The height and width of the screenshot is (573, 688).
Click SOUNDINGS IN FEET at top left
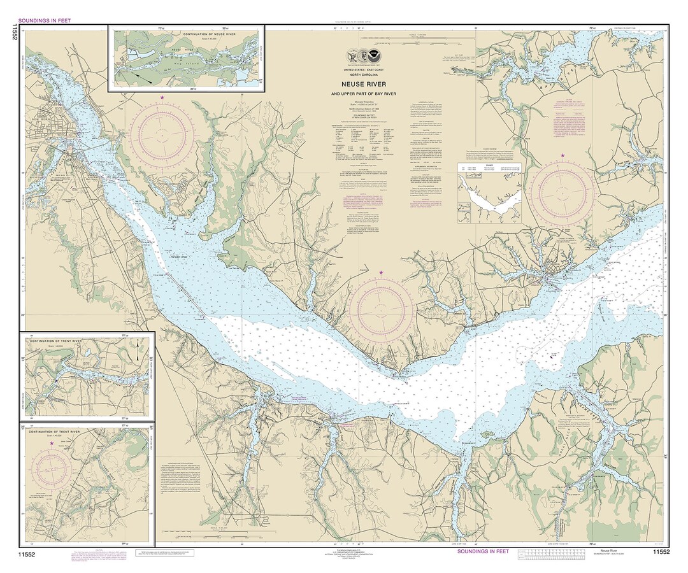pos(44,20)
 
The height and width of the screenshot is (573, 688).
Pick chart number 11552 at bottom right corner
pos(660,551)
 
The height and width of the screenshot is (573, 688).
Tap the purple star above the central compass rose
pos(381,273)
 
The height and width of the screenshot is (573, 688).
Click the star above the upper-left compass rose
pos(162,97)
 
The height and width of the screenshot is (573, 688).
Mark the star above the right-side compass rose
pos(563,155)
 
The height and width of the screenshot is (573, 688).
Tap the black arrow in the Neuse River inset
pos(146,81)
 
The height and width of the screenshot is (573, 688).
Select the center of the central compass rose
pos(381,311)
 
